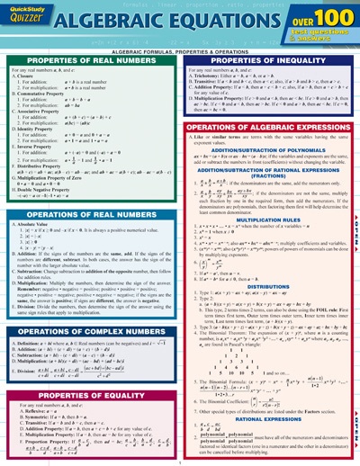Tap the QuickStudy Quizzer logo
[x=28, y=18]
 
